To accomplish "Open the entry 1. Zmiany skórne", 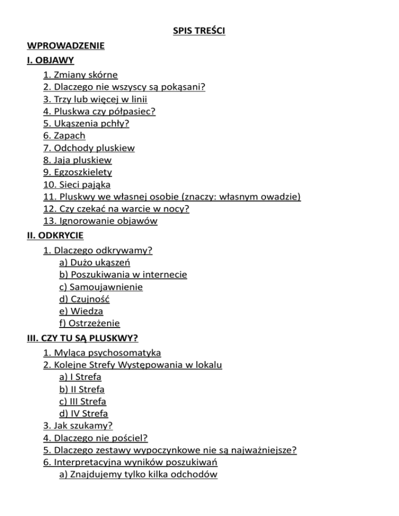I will tap(81, 75).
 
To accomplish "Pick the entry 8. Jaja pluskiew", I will tap(77, 160).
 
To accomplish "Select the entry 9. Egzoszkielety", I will tap(78, 172).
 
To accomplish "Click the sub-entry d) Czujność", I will tap(86, 298).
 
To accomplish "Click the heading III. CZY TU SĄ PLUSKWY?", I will tap(82, 338).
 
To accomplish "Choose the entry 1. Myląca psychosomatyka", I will tap(102, 353).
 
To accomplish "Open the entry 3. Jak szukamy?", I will tap(78, 426).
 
